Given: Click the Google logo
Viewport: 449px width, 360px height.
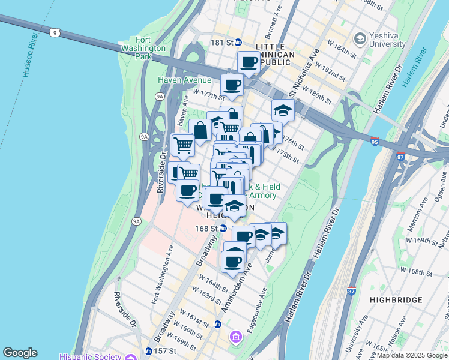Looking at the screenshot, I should click(x=20, y=353).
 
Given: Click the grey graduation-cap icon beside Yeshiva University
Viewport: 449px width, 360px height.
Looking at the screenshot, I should click(x=360, y=39).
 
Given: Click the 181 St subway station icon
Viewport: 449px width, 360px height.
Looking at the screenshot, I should click(x=238, y=42).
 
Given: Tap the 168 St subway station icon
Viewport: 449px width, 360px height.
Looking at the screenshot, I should click(x=223, y=228).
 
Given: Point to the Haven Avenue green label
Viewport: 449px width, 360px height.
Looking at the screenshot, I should click(x=184, y=80).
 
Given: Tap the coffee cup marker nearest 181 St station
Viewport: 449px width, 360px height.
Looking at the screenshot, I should click(x=248, y=61).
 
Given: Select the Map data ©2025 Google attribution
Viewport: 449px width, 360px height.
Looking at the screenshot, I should click(x=412, y=355).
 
